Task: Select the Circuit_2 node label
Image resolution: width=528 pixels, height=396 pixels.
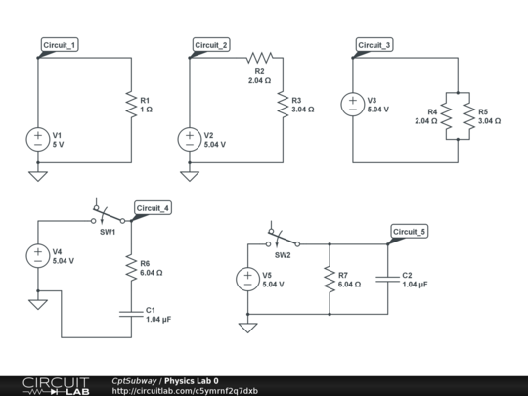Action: click(x=211, y=46)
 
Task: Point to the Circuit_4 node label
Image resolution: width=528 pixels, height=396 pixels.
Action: click(x=153, y=208)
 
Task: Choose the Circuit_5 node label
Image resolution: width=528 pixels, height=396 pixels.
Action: click(x=409, y=232)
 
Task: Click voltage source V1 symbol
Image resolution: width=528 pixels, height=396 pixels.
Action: click(x=37, y=139)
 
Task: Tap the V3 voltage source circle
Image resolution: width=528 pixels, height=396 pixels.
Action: click(x=349, y=104)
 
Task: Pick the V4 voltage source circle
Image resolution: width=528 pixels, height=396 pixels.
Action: click(x=37, y=255)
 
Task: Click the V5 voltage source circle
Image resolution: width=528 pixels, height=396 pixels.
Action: click(x=247, y=280)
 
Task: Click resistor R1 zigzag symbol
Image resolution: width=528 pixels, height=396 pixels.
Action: click(x=131, y=104)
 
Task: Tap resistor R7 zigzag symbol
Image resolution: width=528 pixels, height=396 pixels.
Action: click(x=329, y=280)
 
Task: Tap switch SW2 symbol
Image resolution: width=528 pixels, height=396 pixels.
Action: click(x=283, y=238)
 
